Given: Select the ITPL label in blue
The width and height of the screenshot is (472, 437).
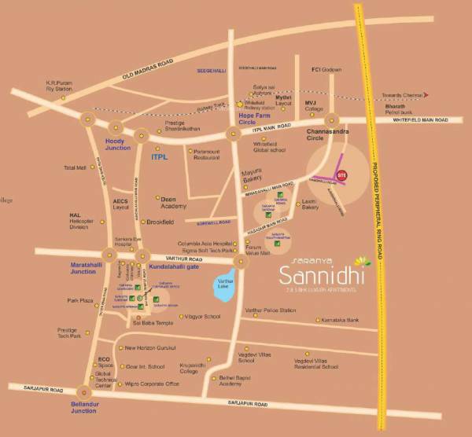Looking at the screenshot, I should [x=161, y=157].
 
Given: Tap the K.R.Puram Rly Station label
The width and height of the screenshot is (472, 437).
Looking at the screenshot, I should [x=60, y=85].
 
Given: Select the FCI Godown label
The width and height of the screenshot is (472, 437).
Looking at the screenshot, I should [x=326, y=70].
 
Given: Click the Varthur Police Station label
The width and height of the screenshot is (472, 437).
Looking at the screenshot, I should [x=271, y=310].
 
